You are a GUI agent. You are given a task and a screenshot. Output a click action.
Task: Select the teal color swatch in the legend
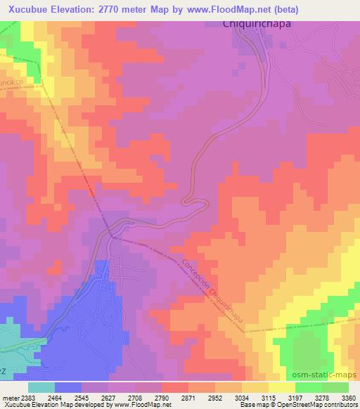[x=41, y=387]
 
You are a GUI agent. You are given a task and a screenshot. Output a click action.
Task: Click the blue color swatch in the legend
[x=68, y=387]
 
